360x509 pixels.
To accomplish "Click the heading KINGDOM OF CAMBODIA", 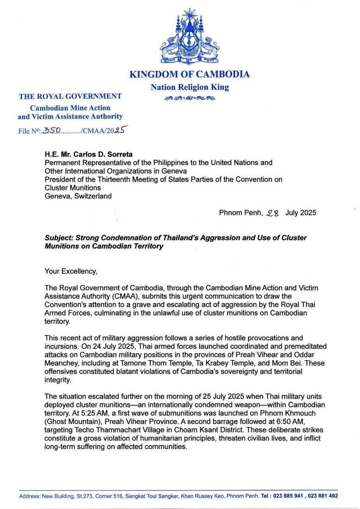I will (190, 74).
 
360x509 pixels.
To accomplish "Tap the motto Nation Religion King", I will (190, 87).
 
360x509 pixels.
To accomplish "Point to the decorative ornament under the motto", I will (190, 98).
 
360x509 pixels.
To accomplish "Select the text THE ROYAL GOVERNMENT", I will (70, 96).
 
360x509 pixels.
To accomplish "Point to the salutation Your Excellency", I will (71, 271).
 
